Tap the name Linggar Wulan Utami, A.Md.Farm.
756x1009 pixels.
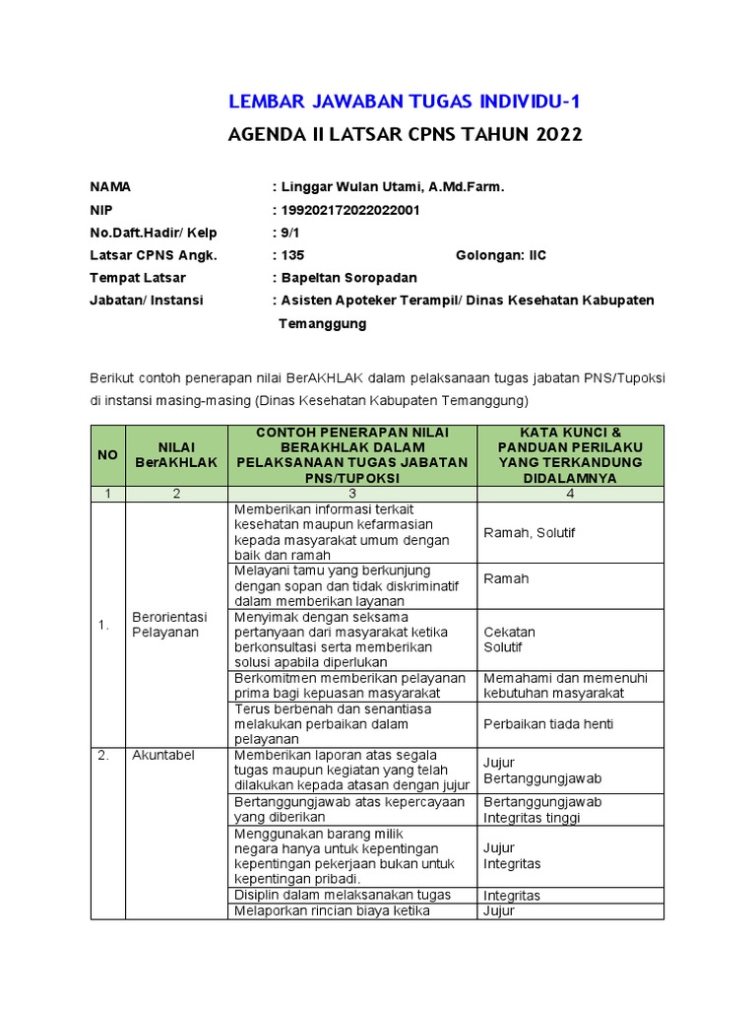(x=392, y=186)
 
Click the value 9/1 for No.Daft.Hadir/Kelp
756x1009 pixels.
(x=292, y=233)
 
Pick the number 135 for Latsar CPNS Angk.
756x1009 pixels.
(x=292, y=255)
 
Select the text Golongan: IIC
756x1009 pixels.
(x=500, y=255)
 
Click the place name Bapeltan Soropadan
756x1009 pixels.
(x=349, y=278)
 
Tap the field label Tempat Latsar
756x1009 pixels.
(x=138, y=278)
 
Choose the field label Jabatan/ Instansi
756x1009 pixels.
(x=147, y=301)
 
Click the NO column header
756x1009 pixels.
(x=107, y=455)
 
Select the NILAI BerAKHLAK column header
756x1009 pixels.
(x=176, y=455)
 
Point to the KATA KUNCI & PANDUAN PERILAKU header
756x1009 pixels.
(x=570, y=455)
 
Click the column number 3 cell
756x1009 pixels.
(x=351, y=494)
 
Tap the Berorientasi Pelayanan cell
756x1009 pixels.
(x=169, y=624)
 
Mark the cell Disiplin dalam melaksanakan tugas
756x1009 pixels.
(x=343, y=895)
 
